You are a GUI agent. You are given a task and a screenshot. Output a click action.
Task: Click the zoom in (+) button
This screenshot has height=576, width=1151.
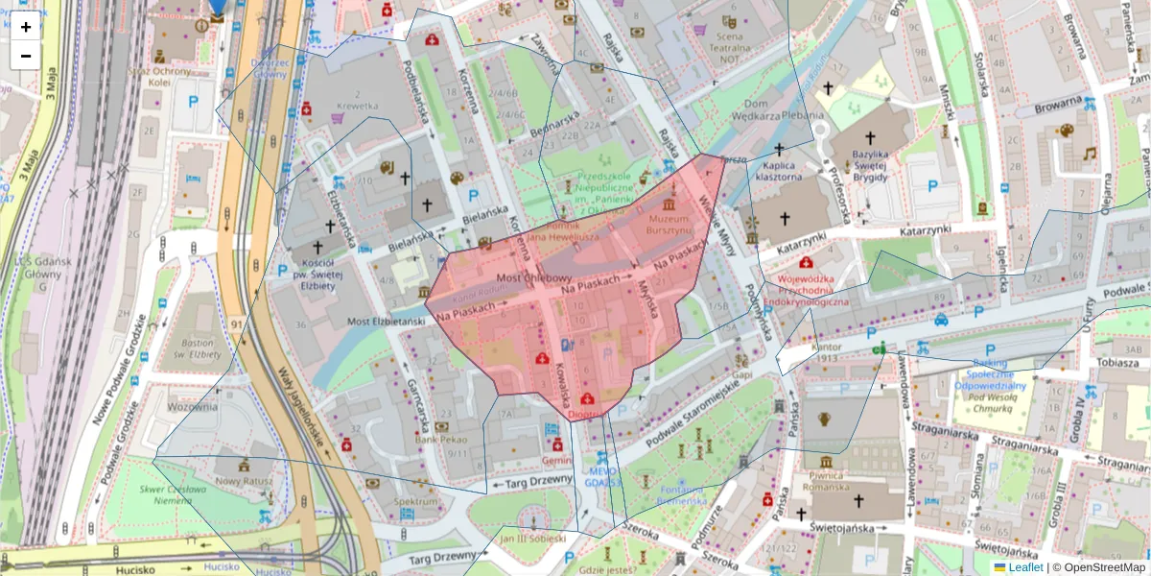pos(26,27)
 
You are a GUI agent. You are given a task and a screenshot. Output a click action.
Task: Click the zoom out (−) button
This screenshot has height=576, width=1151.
pos(26,55)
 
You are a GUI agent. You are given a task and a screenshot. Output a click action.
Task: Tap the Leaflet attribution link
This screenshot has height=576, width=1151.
pos(1024,567)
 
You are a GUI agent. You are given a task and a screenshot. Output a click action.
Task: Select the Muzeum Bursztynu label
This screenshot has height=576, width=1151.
pos(669,225)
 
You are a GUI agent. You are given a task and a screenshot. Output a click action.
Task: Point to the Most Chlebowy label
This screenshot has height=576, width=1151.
pos(533,277)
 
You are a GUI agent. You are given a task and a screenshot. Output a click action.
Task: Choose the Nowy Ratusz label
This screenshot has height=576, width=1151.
pos(244,480)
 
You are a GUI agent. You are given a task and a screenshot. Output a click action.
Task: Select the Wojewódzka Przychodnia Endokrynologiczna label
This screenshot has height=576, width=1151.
pos(806,291)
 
